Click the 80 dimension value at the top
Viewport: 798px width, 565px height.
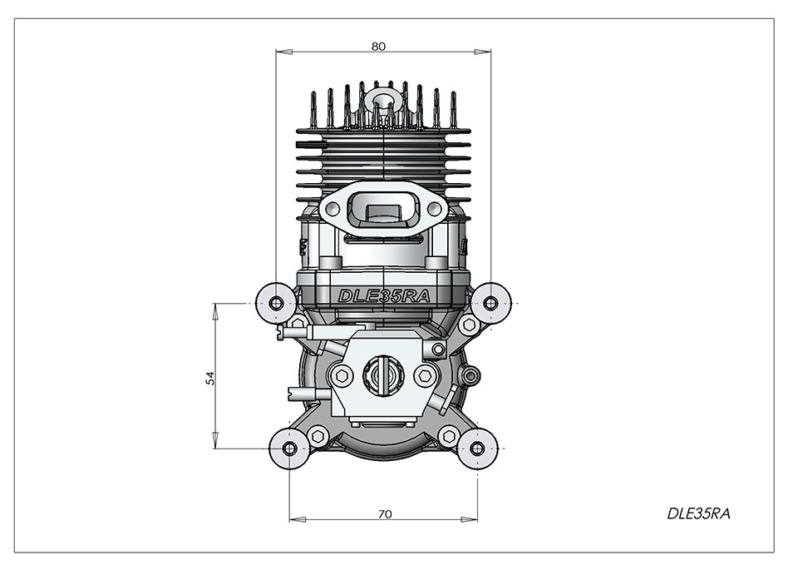[x=378, y=47]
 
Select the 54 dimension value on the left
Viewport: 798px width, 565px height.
[x=210, y=378]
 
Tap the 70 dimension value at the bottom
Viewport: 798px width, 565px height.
[x=385, y=514]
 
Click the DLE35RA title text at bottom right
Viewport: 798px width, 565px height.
[x=698, y=513]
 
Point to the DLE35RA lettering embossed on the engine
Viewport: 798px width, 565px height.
[x=384, y=296]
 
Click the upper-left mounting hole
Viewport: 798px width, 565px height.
[x=276, y=304]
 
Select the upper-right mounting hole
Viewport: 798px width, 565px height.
[x=490, y=304]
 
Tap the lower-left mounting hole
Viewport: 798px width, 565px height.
[x=289, y=449]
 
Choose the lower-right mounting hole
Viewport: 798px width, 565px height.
[x=477, y=449]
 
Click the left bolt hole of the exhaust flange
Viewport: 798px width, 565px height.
[x=332, y=208]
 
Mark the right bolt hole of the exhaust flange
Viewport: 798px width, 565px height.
[x=434, y=208]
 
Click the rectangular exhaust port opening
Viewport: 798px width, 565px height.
[x=383, y=212]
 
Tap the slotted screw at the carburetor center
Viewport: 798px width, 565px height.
[x=383, y=375]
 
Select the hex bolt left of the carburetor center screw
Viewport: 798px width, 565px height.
[x=342, y=376]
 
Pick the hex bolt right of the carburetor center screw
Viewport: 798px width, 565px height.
[x=426, y=376]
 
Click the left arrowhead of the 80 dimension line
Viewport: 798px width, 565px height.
[x=284, y=52]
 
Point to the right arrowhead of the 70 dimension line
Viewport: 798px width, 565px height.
[x=469, y=520]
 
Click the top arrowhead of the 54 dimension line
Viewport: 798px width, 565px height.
[x=214, y=312]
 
